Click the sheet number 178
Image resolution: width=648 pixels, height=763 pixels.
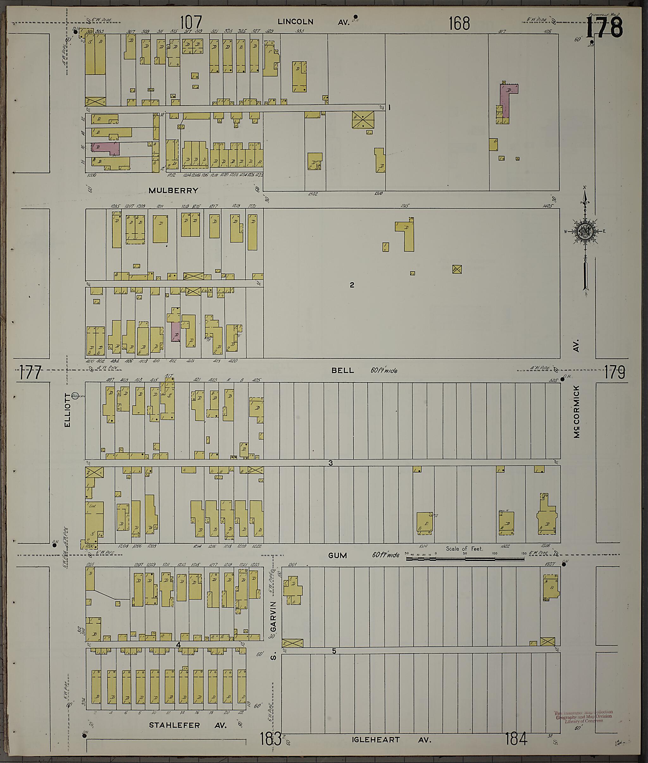604,28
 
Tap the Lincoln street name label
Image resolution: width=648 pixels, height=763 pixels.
295,22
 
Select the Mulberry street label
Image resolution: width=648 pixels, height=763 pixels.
173,191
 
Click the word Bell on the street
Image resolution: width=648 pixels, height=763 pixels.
343,370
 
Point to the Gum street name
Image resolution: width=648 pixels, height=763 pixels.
337,555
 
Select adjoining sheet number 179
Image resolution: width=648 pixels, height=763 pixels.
614,373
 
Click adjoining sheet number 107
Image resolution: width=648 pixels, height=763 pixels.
191,23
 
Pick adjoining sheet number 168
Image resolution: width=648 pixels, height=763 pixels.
459,23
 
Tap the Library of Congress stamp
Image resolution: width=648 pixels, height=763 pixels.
584,716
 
